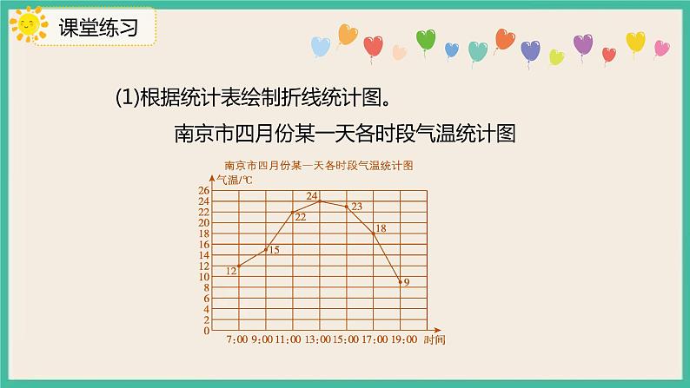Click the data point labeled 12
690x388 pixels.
[x=238, y=266]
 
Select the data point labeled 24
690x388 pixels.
[x=320, y=201]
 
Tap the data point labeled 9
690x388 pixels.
[x=401, y=281]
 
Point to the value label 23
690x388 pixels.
[x=356, y=206]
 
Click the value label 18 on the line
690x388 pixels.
[x=380, y=228]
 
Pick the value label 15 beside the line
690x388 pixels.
[x=273, y=250]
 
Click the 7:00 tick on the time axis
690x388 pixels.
[x=237, y=339]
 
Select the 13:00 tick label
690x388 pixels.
[x=319, y=339]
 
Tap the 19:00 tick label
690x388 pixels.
[x=401, y=339]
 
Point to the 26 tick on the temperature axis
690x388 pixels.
[x=203, y=190]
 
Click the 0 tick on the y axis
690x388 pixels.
[x=206, y=331]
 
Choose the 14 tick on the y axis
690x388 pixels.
[x=203, y=255]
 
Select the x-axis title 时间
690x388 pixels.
[x=435, y=339]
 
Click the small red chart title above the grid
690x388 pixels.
[x=317, y=164]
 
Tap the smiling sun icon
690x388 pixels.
[x=30, y=26]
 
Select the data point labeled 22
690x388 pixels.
[x=292, y=212]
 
